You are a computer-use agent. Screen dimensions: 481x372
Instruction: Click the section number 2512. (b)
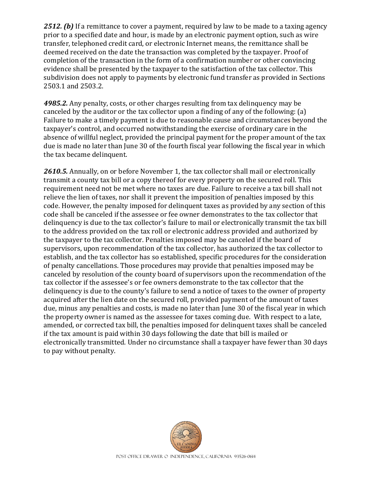click(x=58, y=27)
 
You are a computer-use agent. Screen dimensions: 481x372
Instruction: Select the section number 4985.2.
click(x=55, y=103)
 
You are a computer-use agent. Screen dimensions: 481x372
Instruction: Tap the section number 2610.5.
click(x=55, y=171)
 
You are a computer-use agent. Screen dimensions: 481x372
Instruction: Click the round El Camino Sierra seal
click(x=186, y=437)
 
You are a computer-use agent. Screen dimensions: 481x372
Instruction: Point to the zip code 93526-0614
click(x=245, y=457)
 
